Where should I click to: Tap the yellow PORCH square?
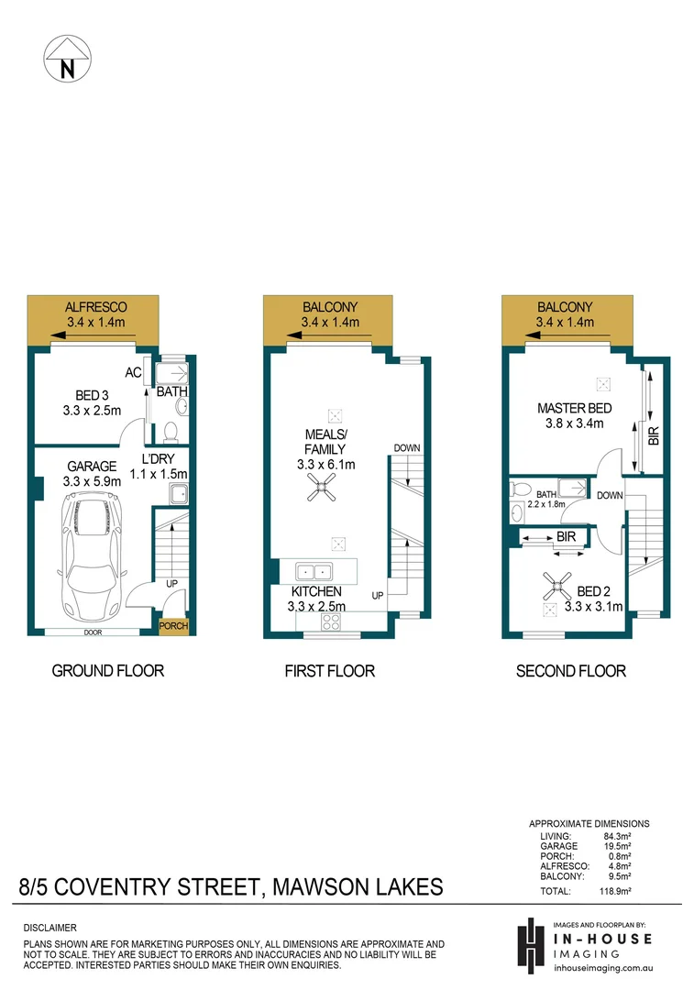172,627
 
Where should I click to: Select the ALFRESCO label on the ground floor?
96,307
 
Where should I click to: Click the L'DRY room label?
165,459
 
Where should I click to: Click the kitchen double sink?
313,570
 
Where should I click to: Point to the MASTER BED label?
573,408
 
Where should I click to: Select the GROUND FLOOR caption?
107,671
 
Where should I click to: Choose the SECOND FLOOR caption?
570,671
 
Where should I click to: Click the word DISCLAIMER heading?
50,928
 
